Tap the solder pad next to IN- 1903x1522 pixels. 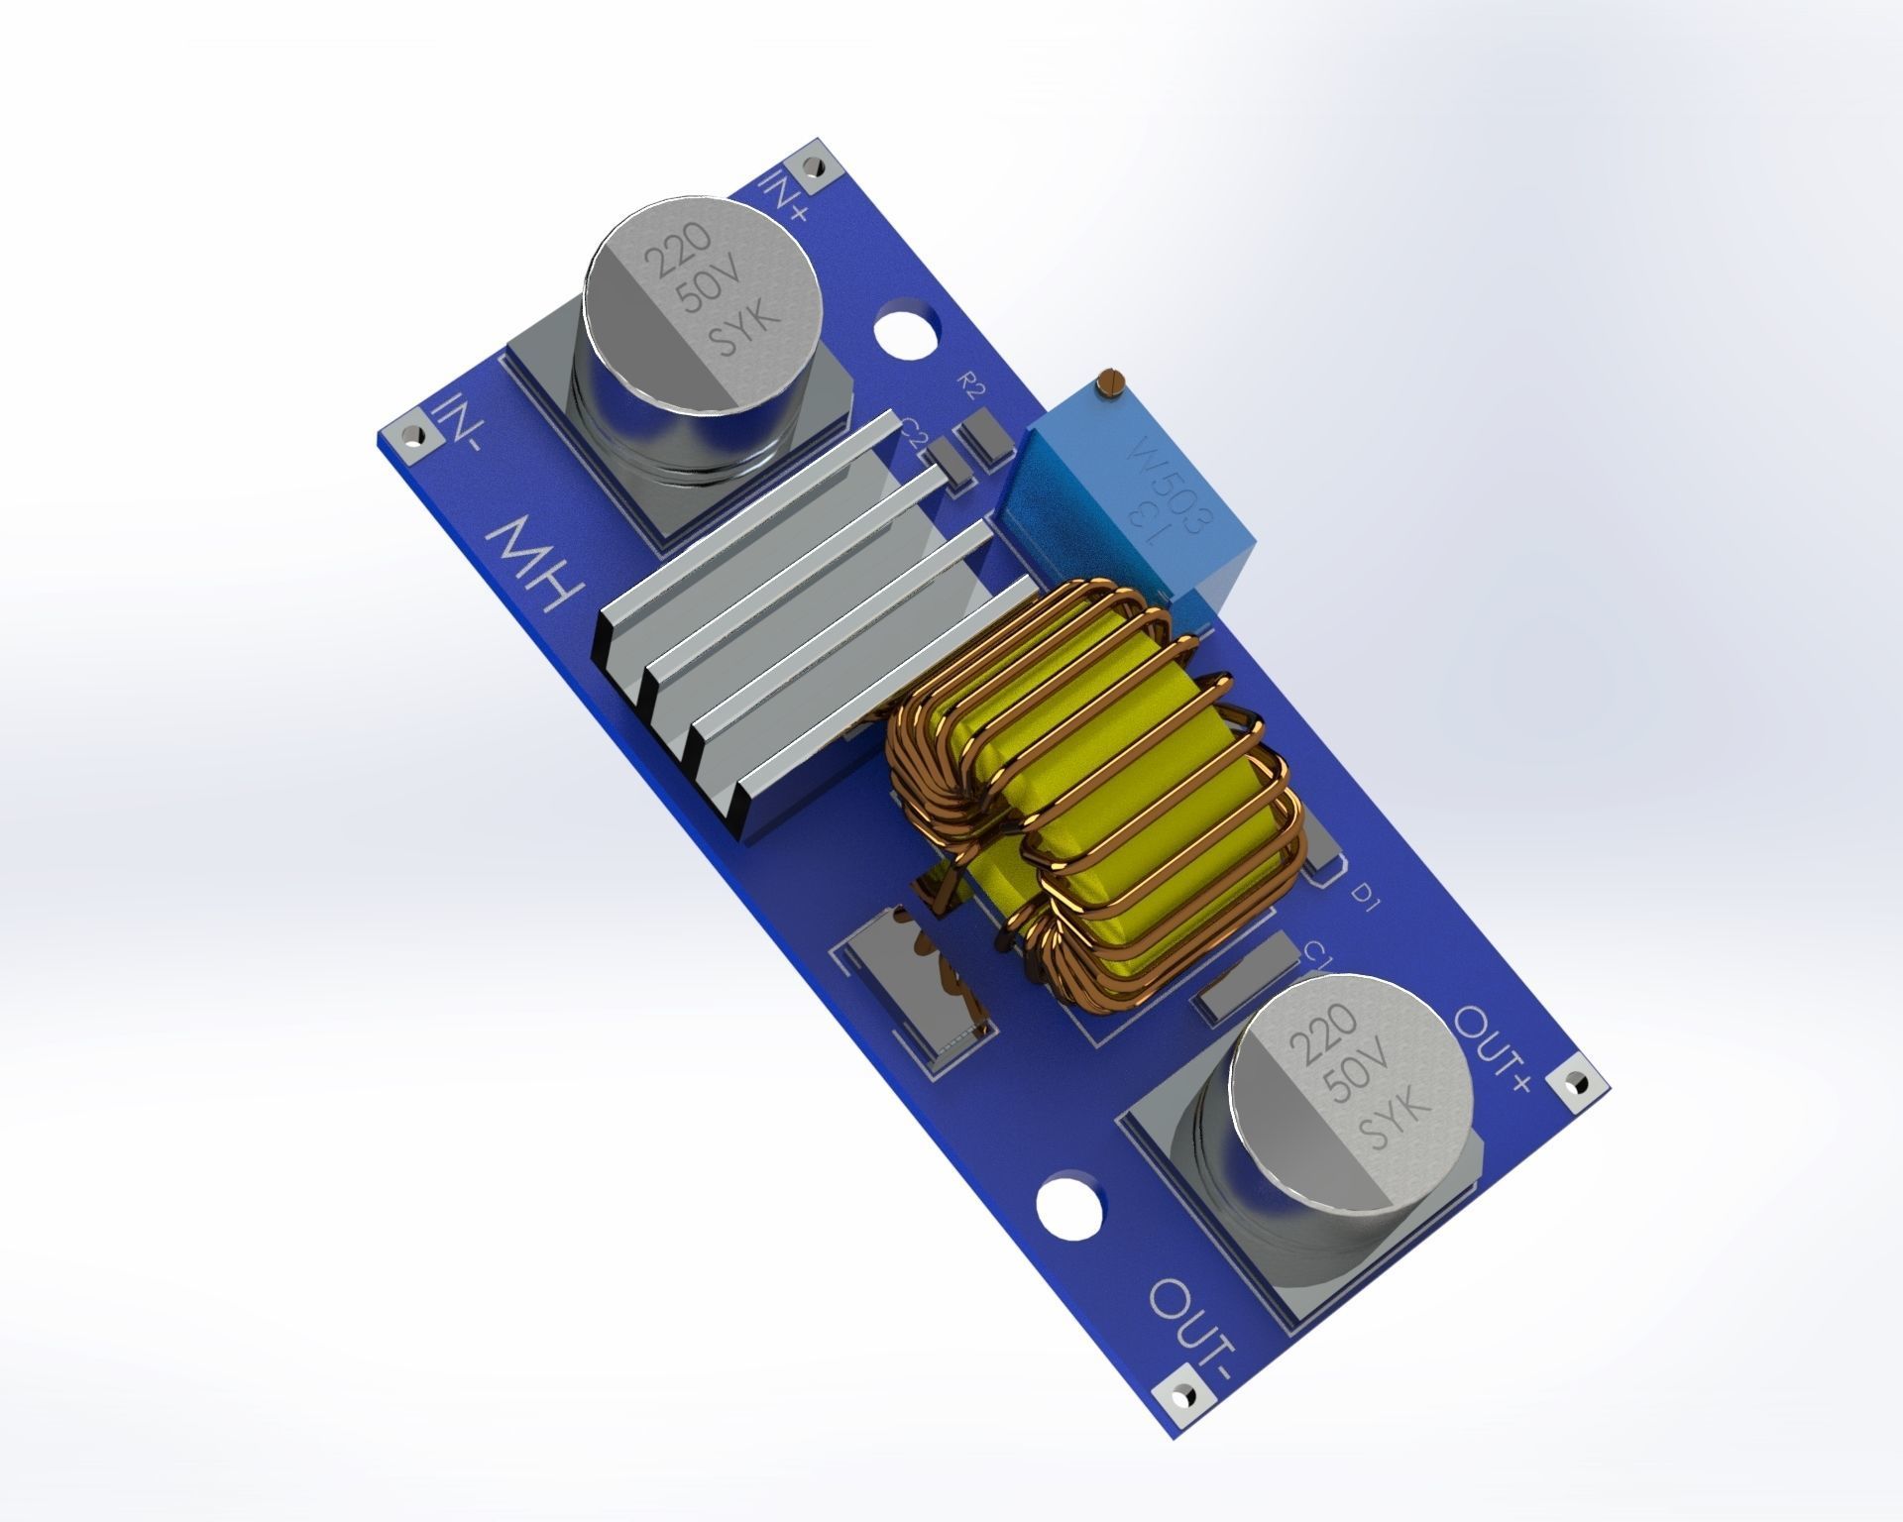407,436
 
